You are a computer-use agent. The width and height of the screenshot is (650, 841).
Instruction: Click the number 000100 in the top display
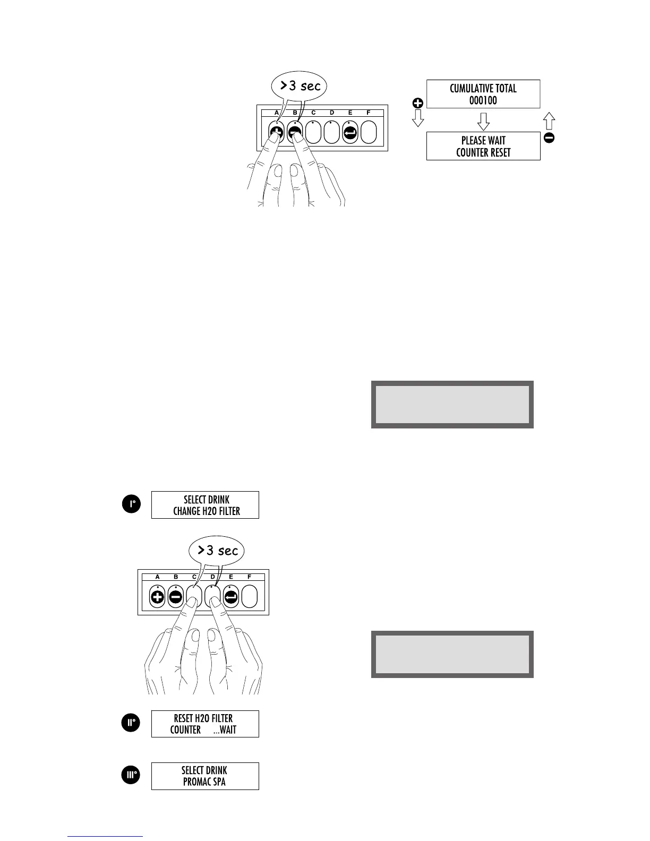coord(483,100)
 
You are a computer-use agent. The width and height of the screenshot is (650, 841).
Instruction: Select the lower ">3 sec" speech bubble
coord(217,551)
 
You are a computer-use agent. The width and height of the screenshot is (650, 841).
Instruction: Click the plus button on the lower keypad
coord(158,597)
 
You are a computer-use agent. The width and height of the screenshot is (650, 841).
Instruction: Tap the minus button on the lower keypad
coord(176,597)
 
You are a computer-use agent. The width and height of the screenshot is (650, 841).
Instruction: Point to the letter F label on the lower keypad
coord(249,577)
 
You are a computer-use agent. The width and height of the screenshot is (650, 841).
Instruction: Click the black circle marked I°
coord(131,504)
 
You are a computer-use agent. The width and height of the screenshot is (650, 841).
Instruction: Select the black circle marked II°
coord(131,723)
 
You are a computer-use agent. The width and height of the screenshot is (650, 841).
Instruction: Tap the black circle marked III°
coord(131,776)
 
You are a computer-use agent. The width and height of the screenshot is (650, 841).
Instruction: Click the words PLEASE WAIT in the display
coord(483,141)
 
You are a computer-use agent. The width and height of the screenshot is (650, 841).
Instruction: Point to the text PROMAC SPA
coord(204,782)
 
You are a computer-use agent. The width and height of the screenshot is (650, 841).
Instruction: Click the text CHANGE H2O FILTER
coord(206,511)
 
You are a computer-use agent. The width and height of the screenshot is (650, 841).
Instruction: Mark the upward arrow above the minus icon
coord(550,122)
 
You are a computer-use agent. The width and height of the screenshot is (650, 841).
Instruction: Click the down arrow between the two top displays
coord(483,122)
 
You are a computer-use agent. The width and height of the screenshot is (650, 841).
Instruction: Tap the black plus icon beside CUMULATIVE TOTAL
coord(418,104)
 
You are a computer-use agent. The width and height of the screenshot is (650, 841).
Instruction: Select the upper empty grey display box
coord(452,404)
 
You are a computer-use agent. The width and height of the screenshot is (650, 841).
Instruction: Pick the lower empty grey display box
coord(452,654)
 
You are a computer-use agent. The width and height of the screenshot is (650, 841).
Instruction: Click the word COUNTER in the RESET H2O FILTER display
coord(185,730)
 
